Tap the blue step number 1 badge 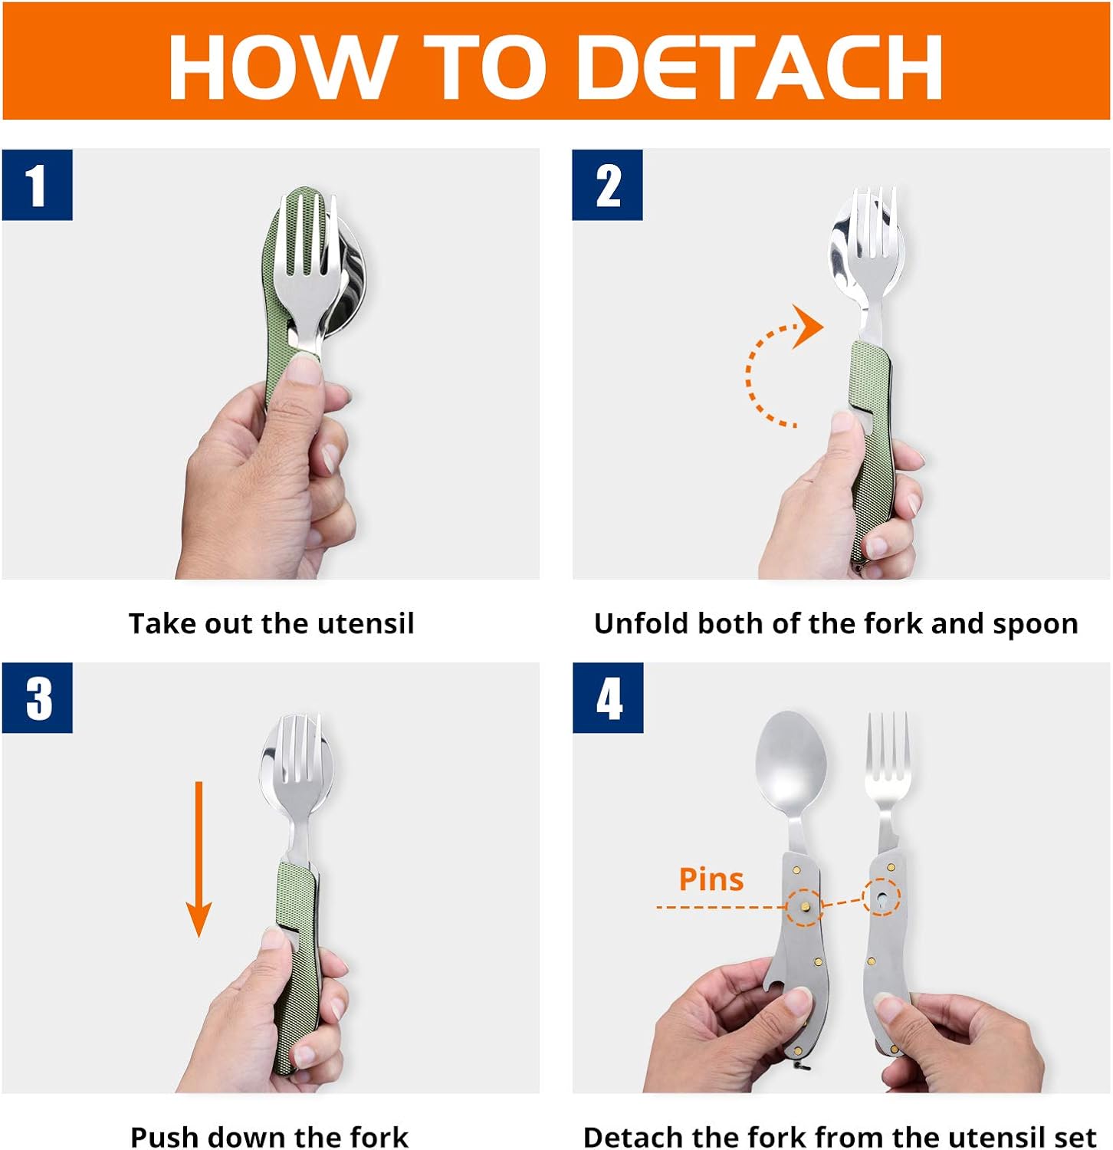click(37, 186)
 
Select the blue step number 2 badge click(607, 186)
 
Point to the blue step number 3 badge click(37, 698)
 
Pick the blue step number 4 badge click(608, 698)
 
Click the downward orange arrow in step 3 click(199, 859)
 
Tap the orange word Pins click(711, 879)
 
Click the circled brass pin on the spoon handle click(805, 907)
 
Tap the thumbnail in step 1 click(304, 371)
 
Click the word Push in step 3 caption click(161, 1136)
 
